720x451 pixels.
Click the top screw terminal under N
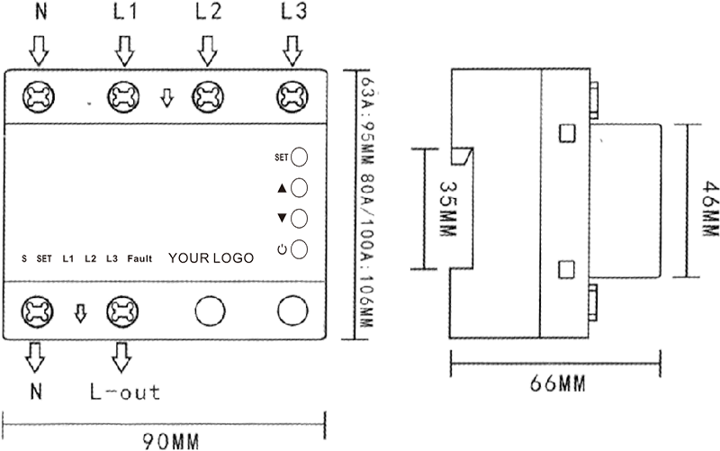tap(39, 97)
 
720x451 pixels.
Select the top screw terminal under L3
tap(292, 97)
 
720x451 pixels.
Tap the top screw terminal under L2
tap(208, 97)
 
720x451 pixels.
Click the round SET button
tap(300, 157)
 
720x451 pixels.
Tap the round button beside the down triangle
tap(300, 218)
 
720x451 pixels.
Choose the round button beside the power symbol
tap(300, 249)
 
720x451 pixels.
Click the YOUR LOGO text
tap(211, 258)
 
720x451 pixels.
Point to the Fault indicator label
tap(139, 259)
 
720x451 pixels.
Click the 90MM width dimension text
tap(170, 441)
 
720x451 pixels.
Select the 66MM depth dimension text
tap(557, 383)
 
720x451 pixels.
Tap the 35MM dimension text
tap(448, 209)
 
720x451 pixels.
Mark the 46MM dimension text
tap(710, 208)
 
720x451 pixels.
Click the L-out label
tap(125, 392)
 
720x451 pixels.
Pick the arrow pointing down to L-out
tap(121, 356)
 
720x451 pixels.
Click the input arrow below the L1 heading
tap(124, 51)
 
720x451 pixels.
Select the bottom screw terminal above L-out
tap(122, 311)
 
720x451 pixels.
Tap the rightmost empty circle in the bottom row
tap(292, 311)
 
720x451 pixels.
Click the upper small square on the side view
tap(568, 133)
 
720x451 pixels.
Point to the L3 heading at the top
tap(293, 12)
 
